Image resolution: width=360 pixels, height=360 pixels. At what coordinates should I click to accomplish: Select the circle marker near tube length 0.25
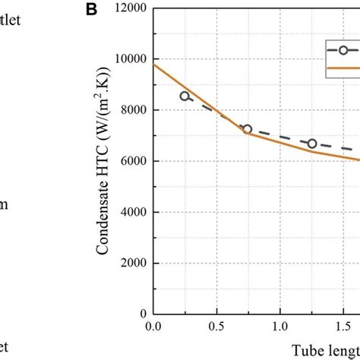click(185, 96)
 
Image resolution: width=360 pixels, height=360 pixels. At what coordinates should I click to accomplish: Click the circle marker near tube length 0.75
click(248, 129)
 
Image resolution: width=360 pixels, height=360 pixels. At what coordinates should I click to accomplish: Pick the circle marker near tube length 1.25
click(311, 144)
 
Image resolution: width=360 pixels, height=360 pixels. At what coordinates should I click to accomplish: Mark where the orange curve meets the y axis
click(153, 65)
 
